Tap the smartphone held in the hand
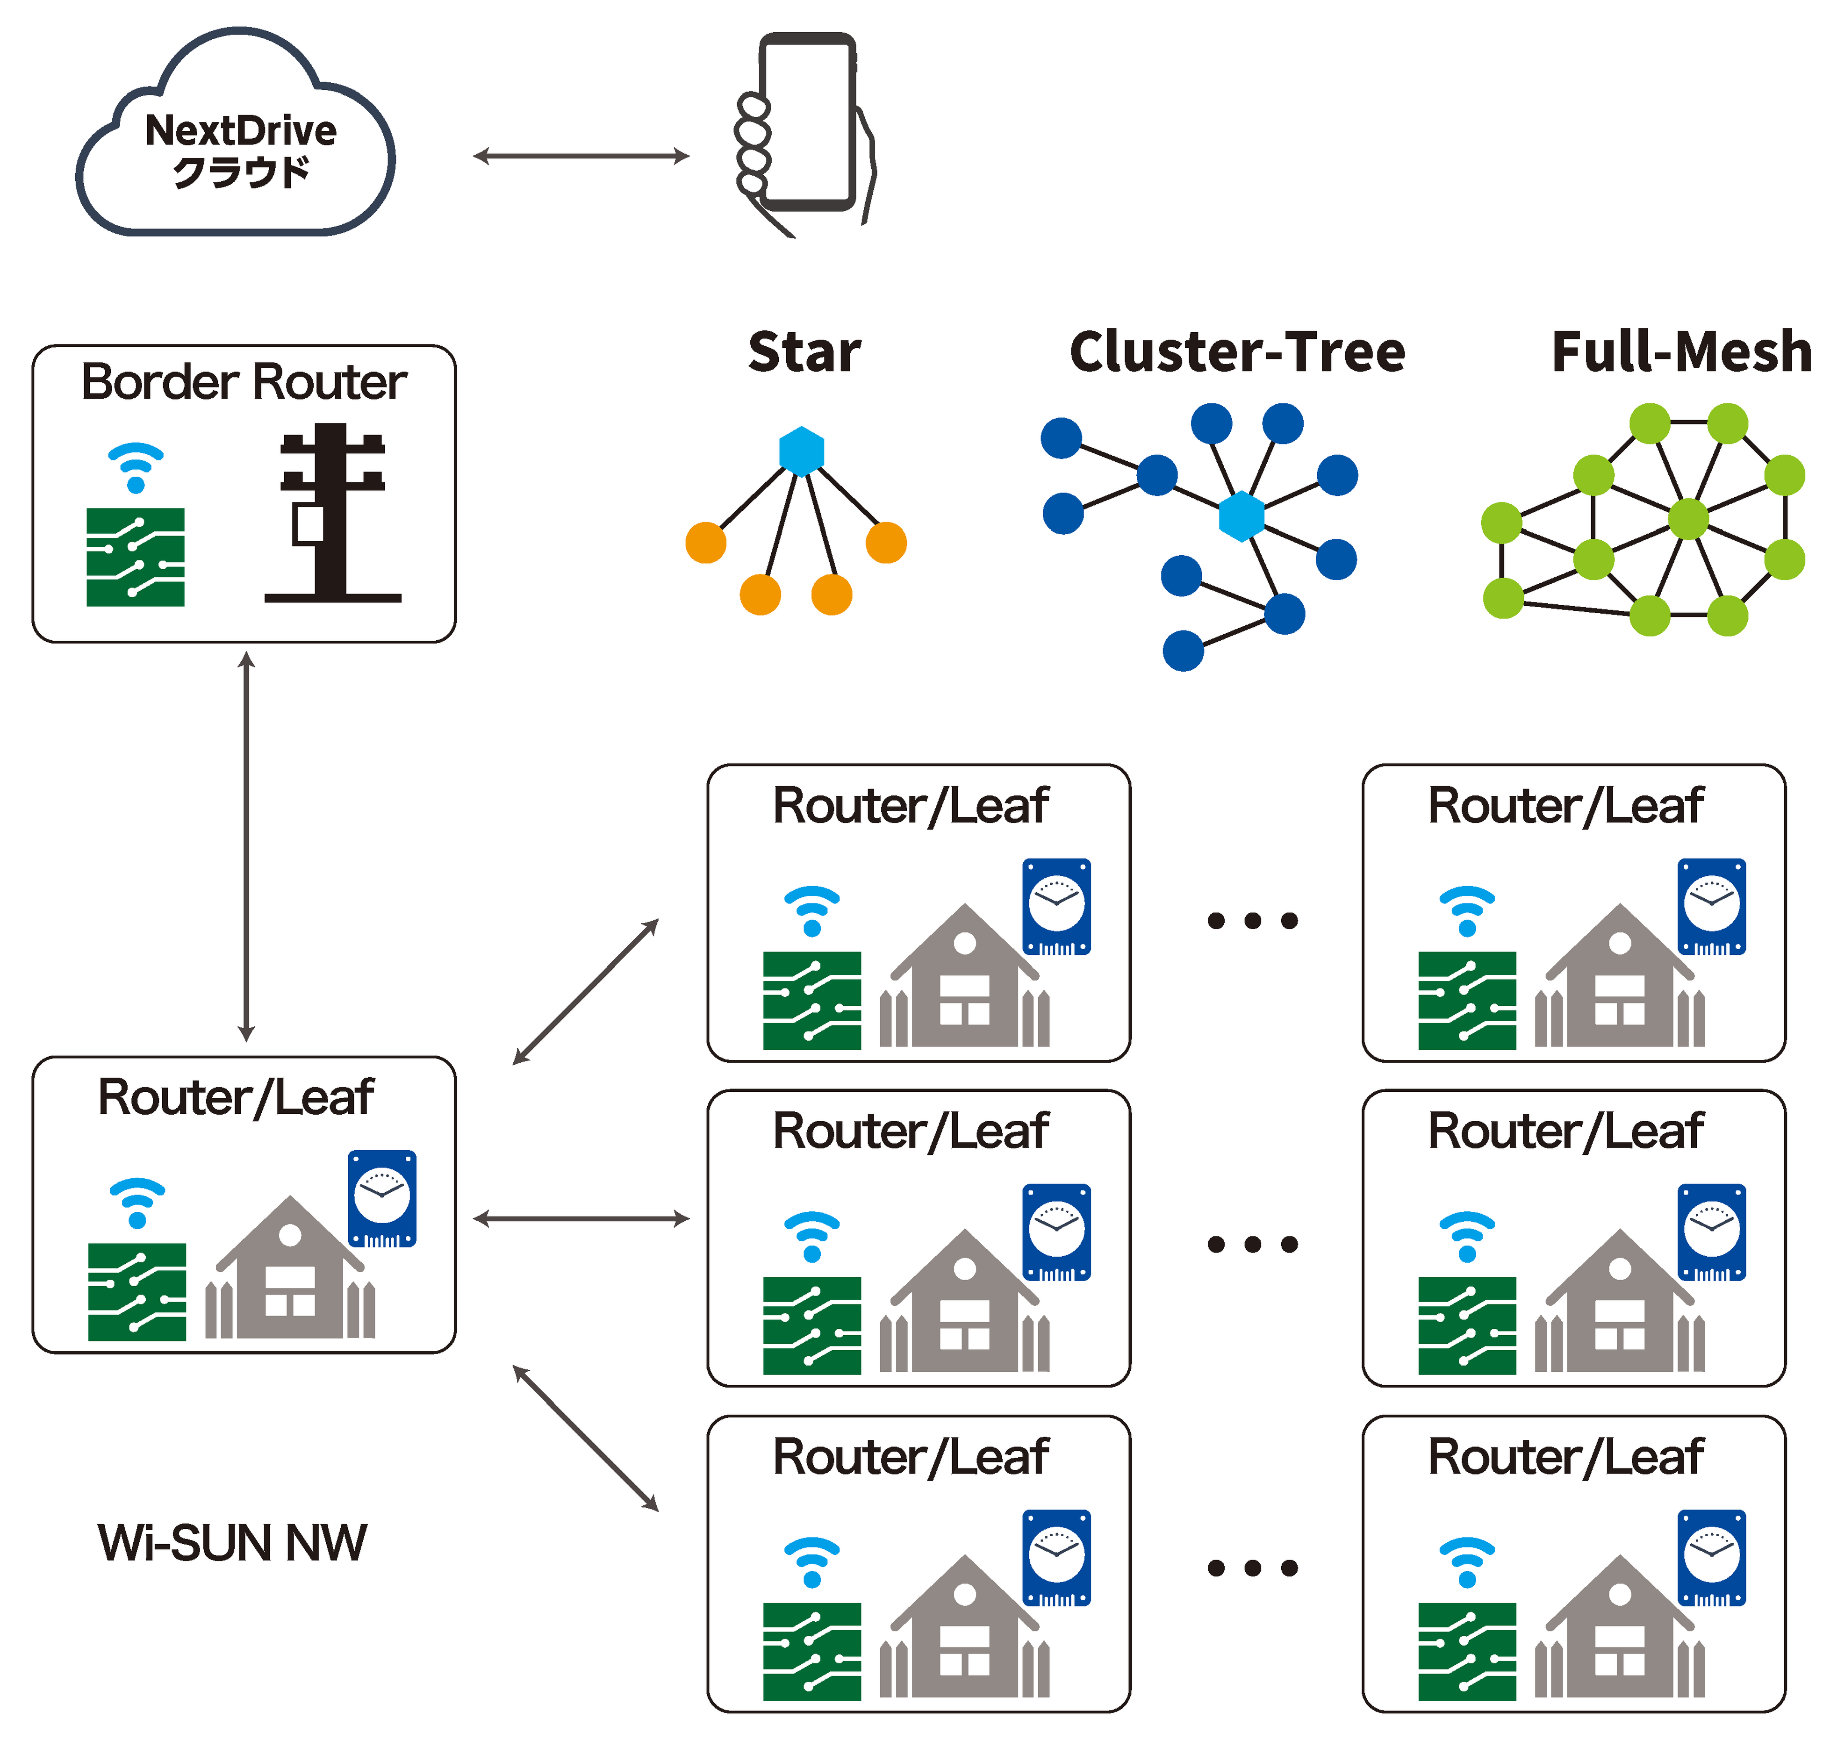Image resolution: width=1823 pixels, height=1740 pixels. click(x=805, y=121)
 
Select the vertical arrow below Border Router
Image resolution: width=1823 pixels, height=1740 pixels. click(x=246, y=846)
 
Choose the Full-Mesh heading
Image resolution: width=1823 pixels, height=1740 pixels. click(x=1681, y=352)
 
